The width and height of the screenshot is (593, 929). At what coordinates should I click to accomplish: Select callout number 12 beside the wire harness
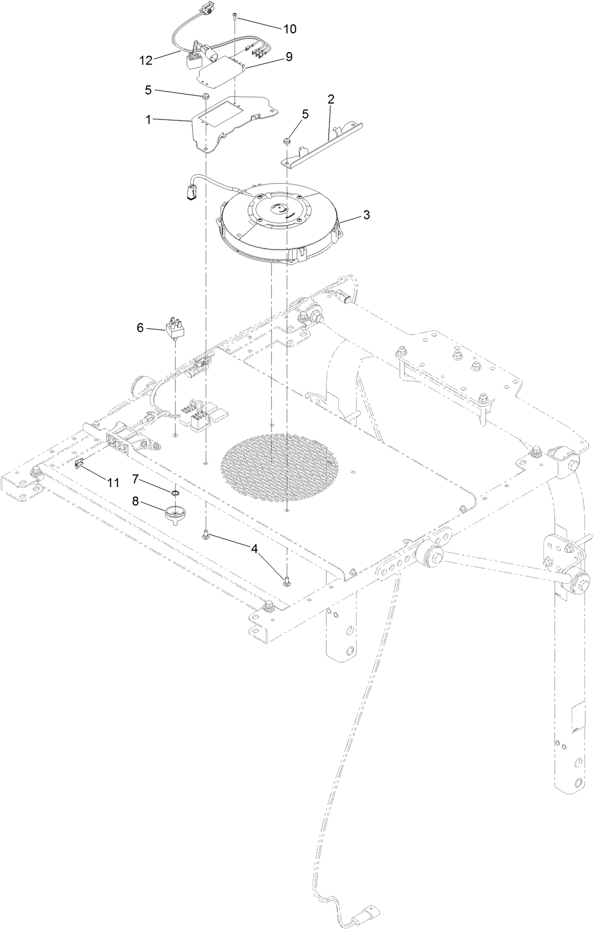146,61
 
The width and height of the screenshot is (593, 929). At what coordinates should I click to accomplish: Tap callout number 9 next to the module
289,57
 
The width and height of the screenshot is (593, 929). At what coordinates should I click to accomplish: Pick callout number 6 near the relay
140,328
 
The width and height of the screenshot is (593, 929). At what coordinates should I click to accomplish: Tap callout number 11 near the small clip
113,483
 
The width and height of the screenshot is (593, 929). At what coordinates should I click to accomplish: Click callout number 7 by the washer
136,479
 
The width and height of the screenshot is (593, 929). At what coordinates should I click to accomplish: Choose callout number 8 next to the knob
136,500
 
